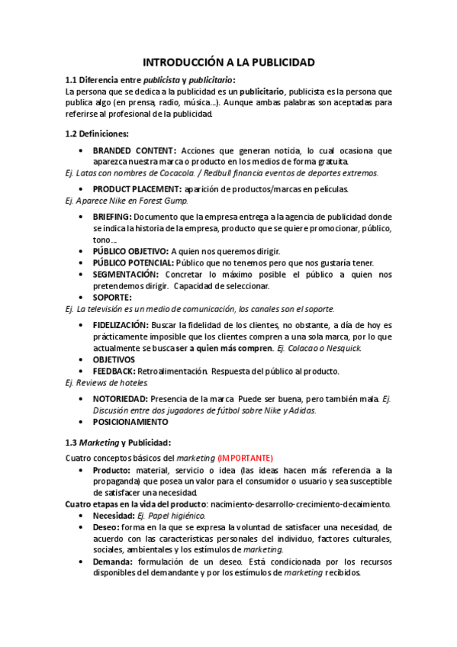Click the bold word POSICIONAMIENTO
(x=130, y=421)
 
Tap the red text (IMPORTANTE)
(x=245, y=458)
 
